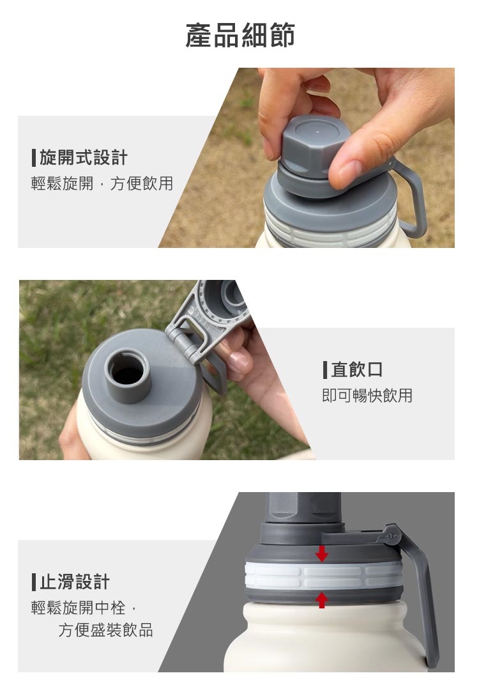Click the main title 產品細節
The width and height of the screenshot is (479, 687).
pyautogui.click(x=240, y=36)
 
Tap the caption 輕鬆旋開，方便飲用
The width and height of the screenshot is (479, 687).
pyautogui.click(x=102, y=183)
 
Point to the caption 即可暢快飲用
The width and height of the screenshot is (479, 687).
pyautogui.click(x=367, y=396)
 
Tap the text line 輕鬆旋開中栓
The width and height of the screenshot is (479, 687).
pyautogui.click(x=79, y=608)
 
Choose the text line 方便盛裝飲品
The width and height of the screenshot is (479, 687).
pyautogui.click(x=106, y=630)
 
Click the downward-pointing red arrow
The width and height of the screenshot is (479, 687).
pyautogui.click(x=322, y=553)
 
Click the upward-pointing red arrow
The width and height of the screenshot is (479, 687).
pyautogui.click(x=322, y=600)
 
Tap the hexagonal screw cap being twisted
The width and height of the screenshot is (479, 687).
pyautogui.click(x=312, y=146)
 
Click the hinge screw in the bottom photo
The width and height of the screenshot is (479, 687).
pyautogui.click(x=392, y=536)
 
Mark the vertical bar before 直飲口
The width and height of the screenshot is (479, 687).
pyautogui.click(x=325, y=370)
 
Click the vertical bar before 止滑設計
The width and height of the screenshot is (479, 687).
pyautogui.click(x=34, y=582)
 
